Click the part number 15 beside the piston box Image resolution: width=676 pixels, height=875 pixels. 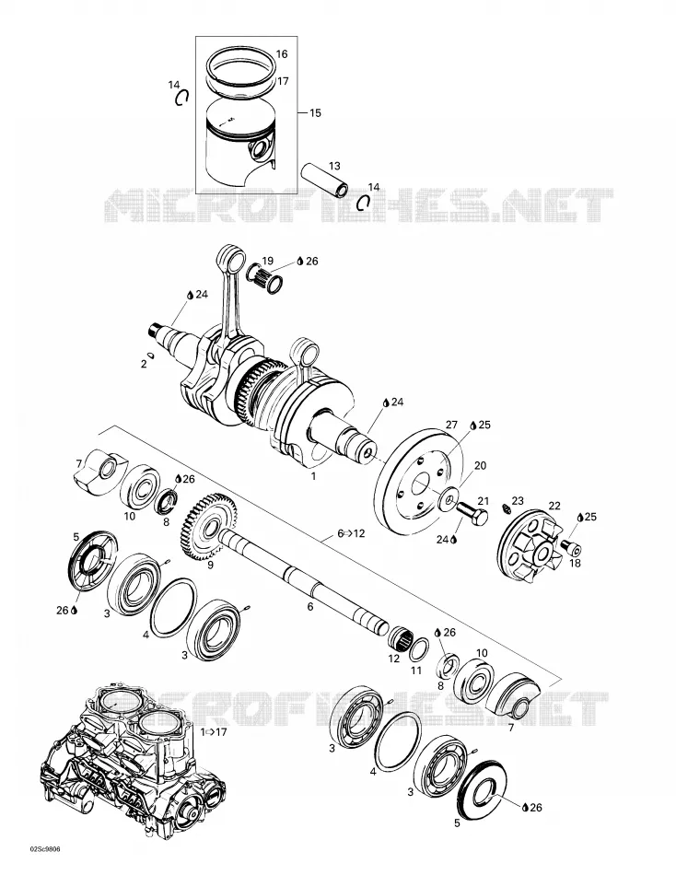(315, 112)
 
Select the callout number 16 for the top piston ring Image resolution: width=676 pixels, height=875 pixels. (282, 54)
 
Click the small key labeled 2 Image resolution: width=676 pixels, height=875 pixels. (150, 356)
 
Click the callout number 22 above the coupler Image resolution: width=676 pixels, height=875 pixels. (554, 506)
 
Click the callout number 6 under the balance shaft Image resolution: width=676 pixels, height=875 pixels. (310, 607)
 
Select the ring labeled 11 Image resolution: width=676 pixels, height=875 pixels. (421, 649)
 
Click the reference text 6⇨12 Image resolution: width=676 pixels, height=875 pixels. (351, 533)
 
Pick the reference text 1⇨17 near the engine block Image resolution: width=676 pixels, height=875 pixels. (214, 731)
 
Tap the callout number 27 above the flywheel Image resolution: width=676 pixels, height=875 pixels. (451, 425)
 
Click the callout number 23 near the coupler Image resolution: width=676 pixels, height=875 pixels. (518, 500)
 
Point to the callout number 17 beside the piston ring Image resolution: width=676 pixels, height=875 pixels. (283, 81)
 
